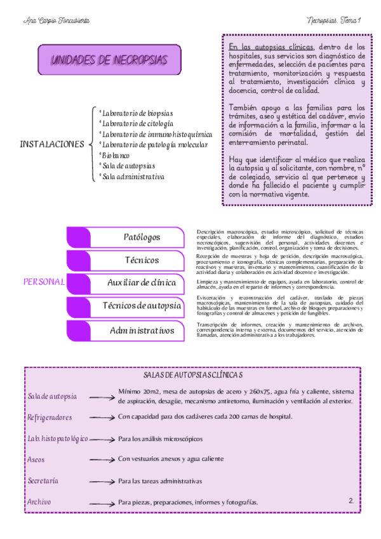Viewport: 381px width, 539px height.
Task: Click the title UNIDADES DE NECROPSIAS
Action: tap(109, 60)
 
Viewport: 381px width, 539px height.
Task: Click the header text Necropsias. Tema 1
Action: tap(333, 20)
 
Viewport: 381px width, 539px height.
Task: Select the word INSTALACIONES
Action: tap(52, 144)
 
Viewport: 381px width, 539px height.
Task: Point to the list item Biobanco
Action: tap(116, 155)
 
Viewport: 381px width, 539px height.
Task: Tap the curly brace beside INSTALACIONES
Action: tap(93, 144)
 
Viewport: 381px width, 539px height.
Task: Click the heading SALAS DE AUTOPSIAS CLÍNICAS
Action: tap(192, 376)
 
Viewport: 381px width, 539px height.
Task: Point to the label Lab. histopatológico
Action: tap(57, 439)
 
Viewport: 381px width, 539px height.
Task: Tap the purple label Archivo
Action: tap(39, 502)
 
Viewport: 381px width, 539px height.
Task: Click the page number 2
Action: tap(351, 501)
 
